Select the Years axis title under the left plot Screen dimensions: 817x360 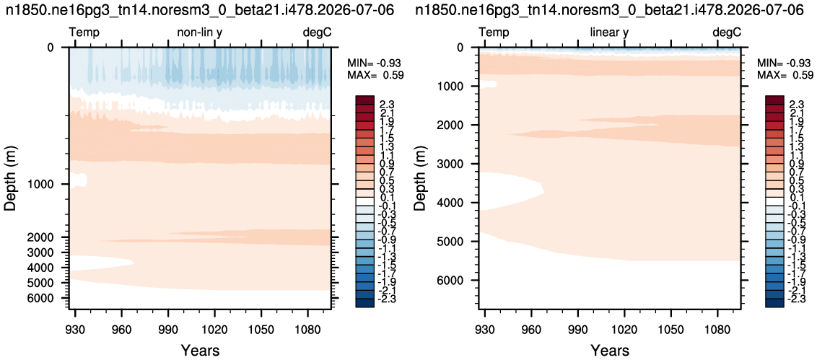[x=200, y=350]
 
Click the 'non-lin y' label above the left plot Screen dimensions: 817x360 [x=200, y=32]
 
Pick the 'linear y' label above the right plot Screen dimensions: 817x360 [x=609, y=32]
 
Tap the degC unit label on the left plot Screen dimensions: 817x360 [x=318, y=32]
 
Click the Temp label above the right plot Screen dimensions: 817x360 [x=494, y=32]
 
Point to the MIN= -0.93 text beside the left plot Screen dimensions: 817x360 [x=375, y=63]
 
